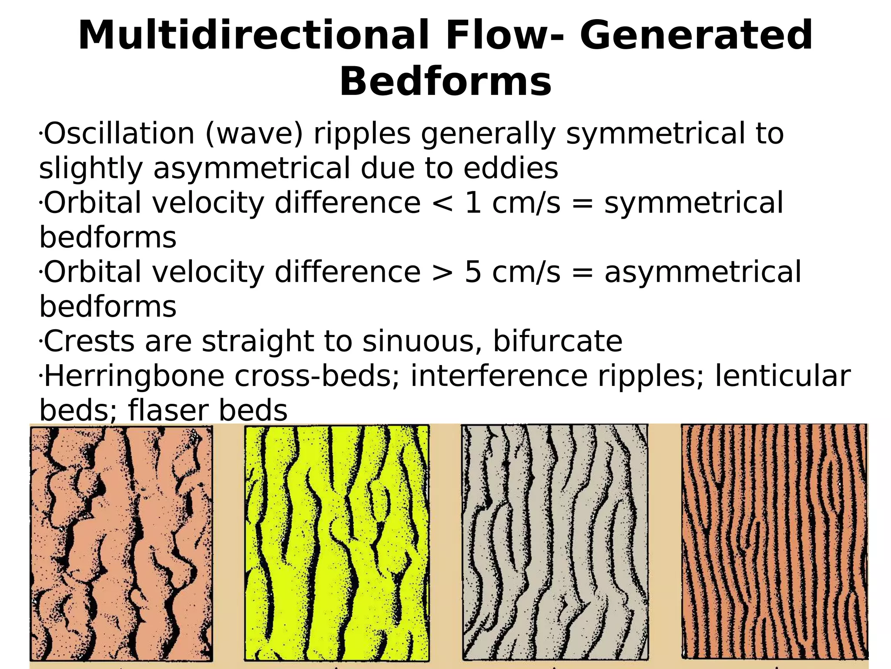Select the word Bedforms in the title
(445, 82)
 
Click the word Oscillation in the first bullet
(119, 134)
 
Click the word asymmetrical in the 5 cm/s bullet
(702, 272)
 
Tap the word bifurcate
(557, 341)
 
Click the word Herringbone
(134, 376)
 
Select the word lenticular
(783, 376)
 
